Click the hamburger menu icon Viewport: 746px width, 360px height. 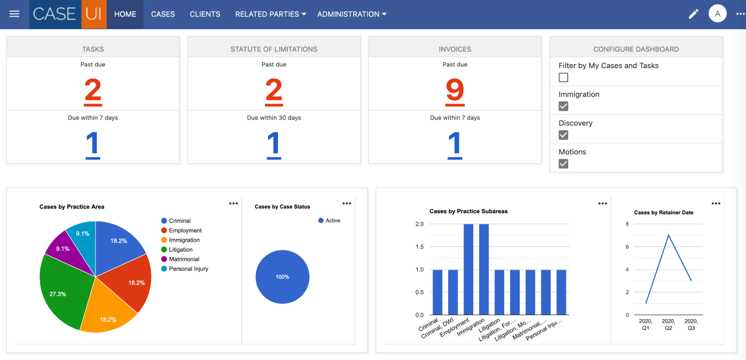coord(15,14)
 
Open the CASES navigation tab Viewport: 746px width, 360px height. coord(163,14)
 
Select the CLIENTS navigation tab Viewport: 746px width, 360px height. coord(205,14)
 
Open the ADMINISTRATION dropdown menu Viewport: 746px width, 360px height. coord(351,14)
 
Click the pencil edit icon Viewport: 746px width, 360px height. coord(694,14)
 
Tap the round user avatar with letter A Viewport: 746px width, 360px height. coord(717,14)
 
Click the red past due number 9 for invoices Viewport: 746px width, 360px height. coord(455,91)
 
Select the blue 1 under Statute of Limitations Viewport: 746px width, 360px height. coord(274,144)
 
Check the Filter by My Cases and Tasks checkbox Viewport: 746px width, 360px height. coord(564,77)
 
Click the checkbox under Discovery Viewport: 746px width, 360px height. coord(564,135)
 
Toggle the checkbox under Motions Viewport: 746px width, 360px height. coord(564,164)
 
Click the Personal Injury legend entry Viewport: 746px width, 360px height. coord(188,269)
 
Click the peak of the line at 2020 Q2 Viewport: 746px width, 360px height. coord(668,235)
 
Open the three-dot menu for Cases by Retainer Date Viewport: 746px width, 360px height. coord(716,203)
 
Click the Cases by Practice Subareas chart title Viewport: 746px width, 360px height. coord(468,211)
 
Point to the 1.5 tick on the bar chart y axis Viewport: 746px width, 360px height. coord(419,246)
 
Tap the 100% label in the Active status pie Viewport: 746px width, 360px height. coord(282,277)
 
